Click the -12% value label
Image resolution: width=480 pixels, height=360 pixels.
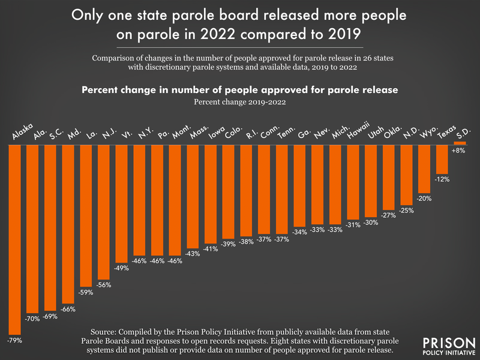[443, 179]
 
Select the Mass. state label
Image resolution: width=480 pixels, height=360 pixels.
[197, 133]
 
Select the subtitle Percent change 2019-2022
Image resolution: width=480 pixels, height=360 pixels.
[240, 103]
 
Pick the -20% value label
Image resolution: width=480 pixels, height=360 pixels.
[425, 197]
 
